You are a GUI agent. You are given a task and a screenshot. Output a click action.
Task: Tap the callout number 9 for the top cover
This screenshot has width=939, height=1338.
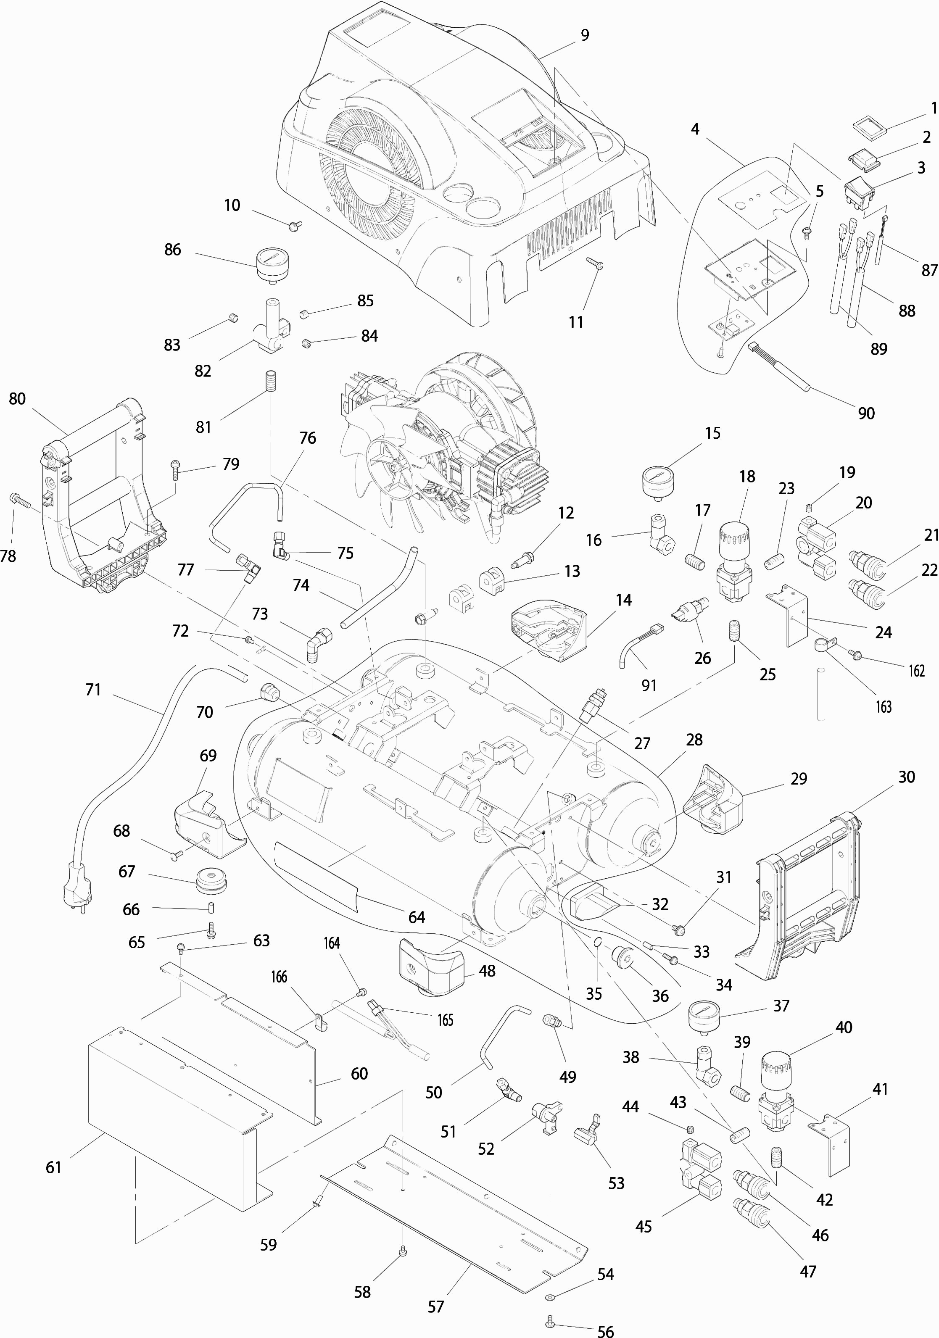pyautogui.click(x=585, y=36)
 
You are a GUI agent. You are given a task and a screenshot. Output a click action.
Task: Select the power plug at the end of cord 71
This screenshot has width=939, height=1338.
pyautogui.click(x=77, y=892)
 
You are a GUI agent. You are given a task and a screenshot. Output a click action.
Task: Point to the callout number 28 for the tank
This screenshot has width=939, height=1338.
pyautogui.click(x=694, y=740)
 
